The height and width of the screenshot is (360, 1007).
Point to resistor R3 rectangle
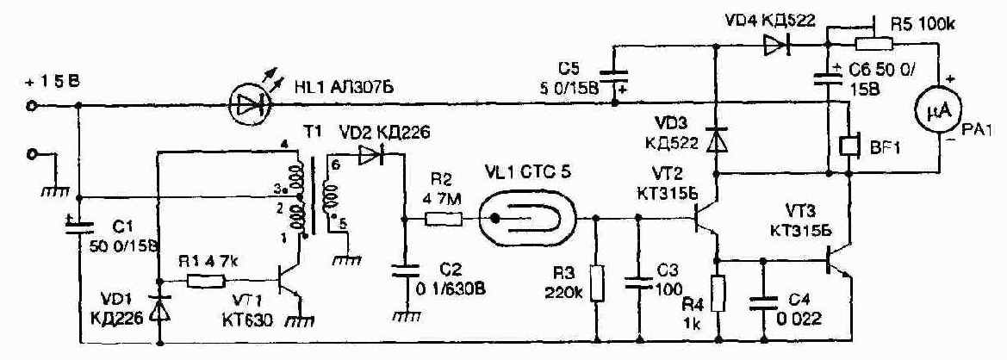click(597, 283)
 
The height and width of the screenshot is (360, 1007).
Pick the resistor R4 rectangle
click(717, 293)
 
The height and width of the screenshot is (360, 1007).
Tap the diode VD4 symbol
click(769, 48)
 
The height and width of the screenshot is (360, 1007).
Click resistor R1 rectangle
click(207, 281)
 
